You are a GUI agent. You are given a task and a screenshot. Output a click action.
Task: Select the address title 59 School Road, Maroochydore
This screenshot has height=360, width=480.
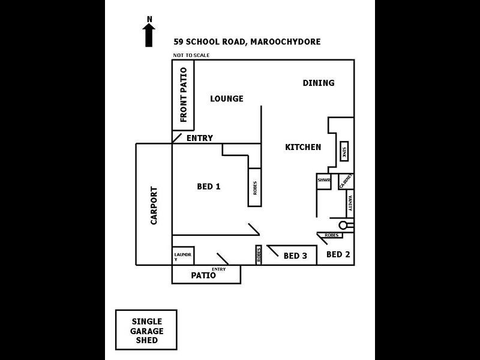(x=247, y=42)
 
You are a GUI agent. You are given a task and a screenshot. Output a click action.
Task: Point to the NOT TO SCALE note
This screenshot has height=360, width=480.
(x=191, y=55)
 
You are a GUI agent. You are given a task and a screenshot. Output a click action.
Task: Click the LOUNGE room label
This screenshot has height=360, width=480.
(x=226, y=98)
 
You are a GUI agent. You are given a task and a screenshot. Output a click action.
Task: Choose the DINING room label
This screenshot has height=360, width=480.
(x=318, y=83)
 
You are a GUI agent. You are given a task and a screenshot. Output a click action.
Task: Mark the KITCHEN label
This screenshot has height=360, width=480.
(x=302, y=147)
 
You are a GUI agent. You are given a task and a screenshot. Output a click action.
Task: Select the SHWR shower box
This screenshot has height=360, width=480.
(x=324, y=181)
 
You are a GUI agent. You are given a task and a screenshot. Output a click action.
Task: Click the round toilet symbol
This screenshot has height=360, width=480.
(x=344, y=225)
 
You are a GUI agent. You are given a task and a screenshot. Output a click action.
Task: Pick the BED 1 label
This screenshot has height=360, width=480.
(x=209, y=187)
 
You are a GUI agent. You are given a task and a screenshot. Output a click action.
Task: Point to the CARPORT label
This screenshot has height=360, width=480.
(x=154, y=205)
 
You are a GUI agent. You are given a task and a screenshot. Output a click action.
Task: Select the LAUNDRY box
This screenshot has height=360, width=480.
(x=182, y=256)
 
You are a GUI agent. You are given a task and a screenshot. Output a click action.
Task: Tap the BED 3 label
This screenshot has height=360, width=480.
(x=295, y=256)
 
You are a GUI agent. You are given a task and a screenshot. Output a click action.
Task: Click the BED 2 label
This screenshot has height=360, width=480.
(x=338, y=254)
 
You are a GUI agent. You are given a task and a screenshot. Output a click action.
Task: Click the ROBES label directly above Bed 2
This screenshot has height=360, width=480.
(x=332, y=235)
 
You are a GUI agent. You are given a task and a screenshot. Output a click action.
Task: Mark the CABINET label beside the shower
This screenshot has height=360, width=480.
(x=346, y=181)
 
